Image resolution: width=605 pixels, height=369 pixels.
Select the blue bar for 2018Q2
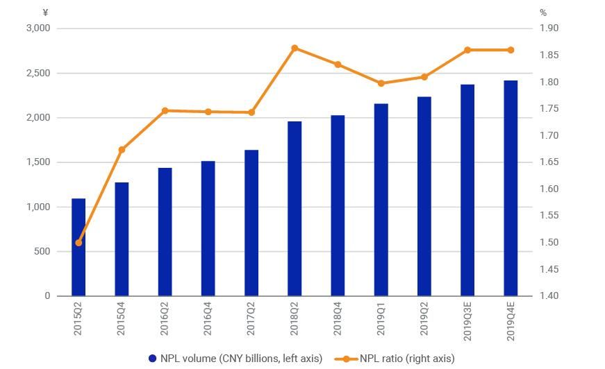(x=295, y=208)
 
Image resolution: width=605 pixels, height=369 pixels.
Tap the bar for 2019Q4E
(x=511, y=188)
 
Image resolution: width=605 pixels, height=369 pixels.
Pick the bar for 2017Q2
(x=251, y=223)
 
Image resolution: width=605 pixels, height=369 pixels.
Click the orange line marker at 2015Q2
(x=78, y=243)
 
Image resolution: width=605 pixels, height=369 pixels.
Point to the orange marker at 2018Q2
(x=295, y=48)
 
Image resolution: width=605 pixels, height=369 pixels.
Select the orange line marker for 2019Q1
(x=381, y=83)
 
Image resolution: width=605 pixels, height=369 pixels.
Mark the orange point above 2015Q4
(x=122, y=149)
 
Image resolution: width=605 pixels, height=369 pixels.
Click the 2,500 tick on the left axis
(x=38, y=73)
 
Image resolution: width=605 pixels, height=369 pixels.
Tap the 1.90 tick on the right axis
(x=549, y=28)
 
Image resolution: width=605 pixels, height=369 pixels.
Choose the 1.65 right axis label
(x=549, y=162)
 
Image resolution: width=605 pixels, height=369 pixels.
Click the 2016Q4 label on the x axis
(x=208, y=320)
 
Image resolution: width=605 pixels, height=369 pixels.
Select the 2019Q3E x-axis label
(x=467, y=323)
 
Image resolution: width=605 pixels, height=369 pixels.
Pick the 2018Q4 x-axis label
(x=338, y=320)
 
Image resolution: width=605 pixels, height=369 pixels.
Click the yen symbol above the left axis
(x=45, y=12)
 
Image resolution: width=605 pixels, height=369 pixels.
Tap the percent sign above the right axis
(x=543, y=12)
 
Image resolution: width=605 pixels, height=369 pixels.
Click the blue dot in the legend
(x=153, y=359)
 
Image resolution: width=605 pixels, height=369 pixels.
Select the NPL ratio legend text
(x=407, y=359)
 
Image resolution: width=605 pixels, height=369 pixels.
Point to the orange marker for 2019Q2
(x=424, y=77)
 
